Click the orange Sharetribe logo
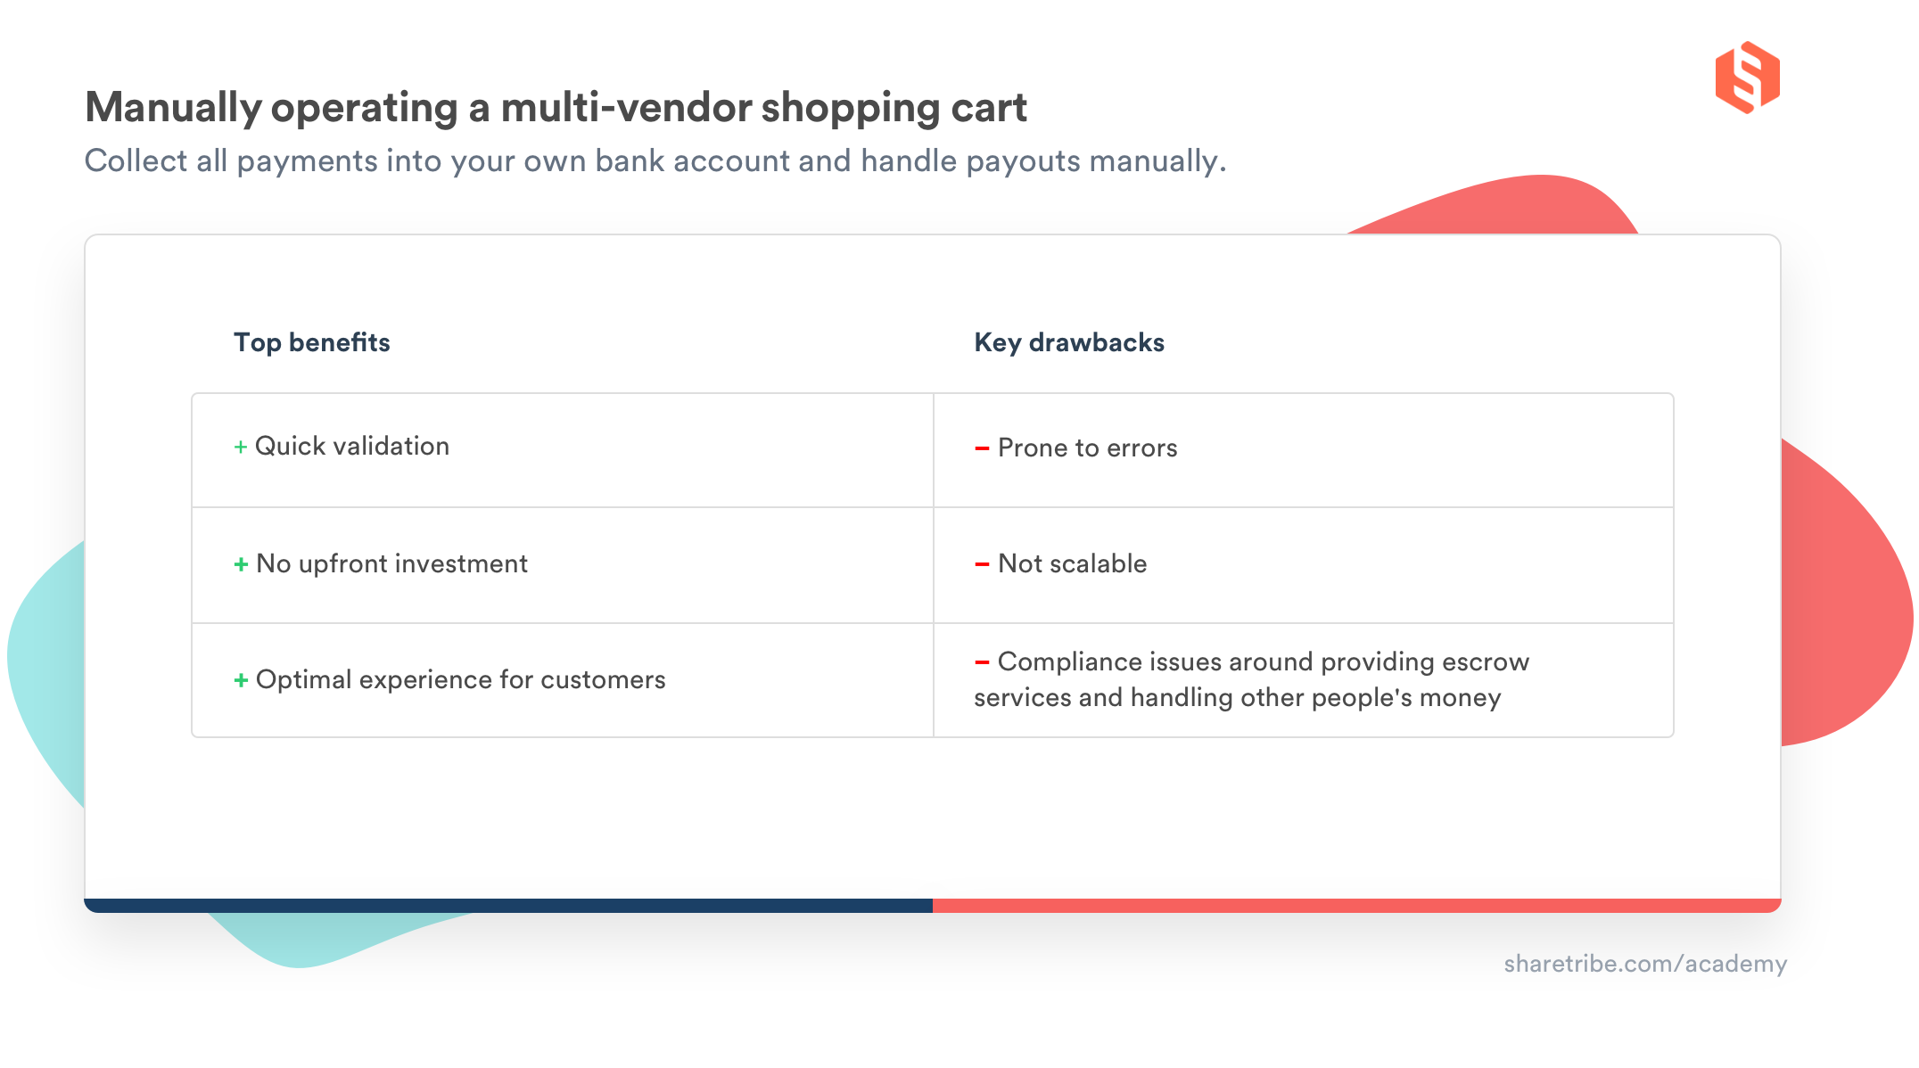[x=1746, y=78]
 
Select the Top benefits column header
[x=311, y=342]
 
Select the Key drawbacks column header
[x=1068, y=342]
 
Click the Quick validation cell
[x=351, y=447]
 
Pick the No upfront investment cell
[x=391, y=564]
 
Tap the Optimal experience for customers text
[x=460, y=680]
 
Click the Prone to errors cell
[x=1087, y=448]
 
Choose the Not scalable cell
[x=1072, y=564]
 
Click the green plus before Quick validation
[x=240, y=448]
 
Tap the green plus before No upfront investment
[x=241, y=565]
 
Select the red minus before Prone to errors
[x=982, y=448]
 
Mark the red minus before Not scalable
[x=982, y=564]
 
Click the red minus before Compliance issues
[x=982, y=662]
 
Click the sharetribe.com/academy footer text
[x=1644, y=964]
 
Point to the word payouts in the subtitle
[x=1023, y=161]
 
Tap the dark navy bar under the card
[x=508, y=906]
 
